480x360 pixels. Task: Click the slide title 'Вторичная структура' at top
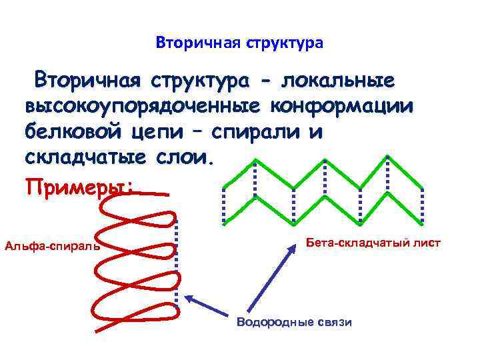(x=239, y=43)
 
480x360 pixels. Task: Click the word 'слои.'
(x=181, y=157)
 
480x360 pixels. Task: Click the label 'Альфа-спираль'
(x=52, y=246)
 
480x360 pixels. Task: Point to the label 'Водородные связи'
(x=294, y=322)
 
